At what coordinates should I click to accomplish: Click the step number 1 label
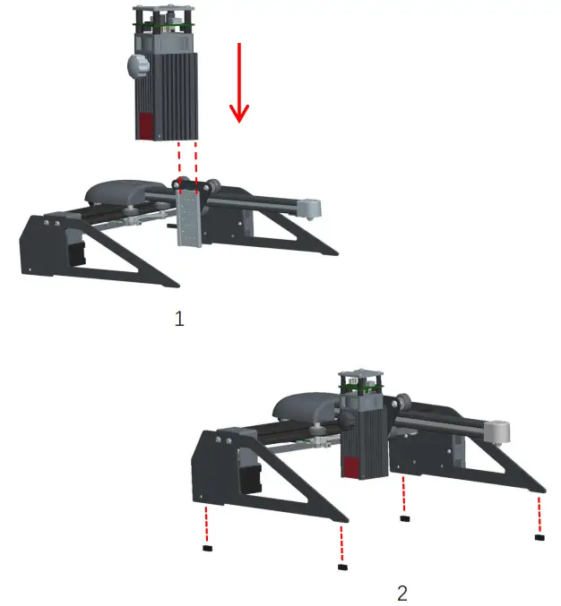[179, 319]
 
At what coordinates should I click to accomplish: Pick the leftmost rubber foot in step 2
[207, 547]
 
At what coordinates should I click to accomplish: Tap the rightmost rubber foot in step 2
[539, 538]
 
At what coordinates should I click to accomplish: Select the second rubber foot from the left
[341, 566]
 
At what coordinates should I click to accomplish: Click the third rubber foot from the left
[405, 516]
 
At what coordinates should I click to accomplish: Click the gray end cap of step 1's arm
[311, 208]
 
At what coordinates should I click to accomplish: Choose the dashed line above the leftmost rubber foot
[207, 525]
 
